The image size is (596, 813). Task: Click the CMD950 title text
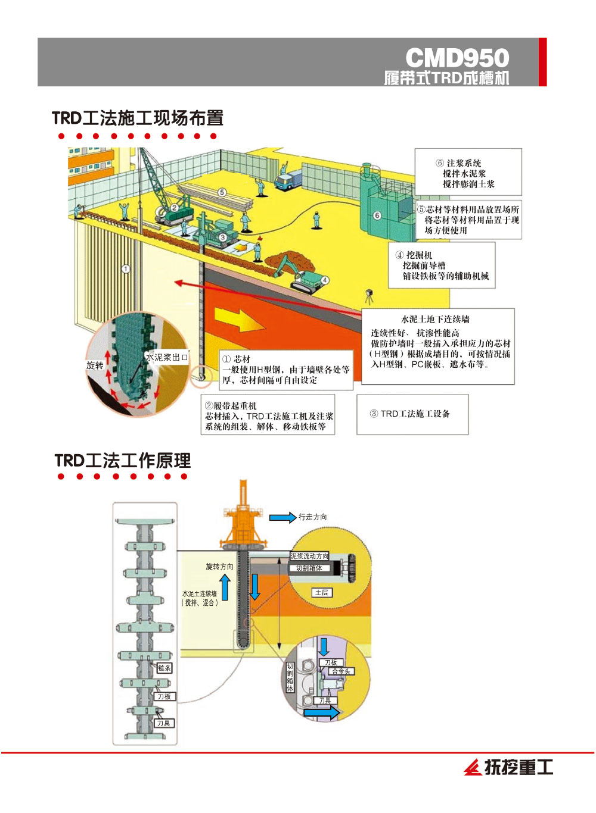click(457, 58)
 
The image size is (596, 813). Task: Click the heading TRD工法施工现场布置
click(138, 118)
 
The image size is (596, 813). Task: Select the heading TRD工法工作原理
click(123, 460)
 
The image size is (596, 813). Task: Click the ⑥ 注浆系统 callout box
click(468, 173)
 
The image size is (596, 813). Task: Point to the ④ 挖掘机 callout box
click(442, 265)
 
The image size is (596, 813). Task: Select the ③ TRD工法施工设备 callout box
click(412, 414)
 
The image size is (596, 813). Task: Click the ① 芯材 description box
click(284, 370)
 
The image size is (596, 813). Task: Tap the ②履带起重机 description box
click(268, 416)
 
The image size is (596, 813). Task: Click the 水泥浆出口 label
click(167, 357)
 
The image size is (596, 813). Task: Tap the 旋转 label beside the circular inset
click(95, 365)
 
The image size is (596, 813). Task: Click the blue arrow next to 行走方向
click(283, 517)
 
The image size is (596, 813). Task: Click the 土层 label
click(321, 592)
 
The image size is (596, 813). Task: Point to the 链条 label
click(164, 668)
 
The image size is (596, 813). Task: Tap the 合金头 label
click(341, 671)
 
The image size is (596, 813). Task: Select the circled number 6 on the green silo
click(377, 215)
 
